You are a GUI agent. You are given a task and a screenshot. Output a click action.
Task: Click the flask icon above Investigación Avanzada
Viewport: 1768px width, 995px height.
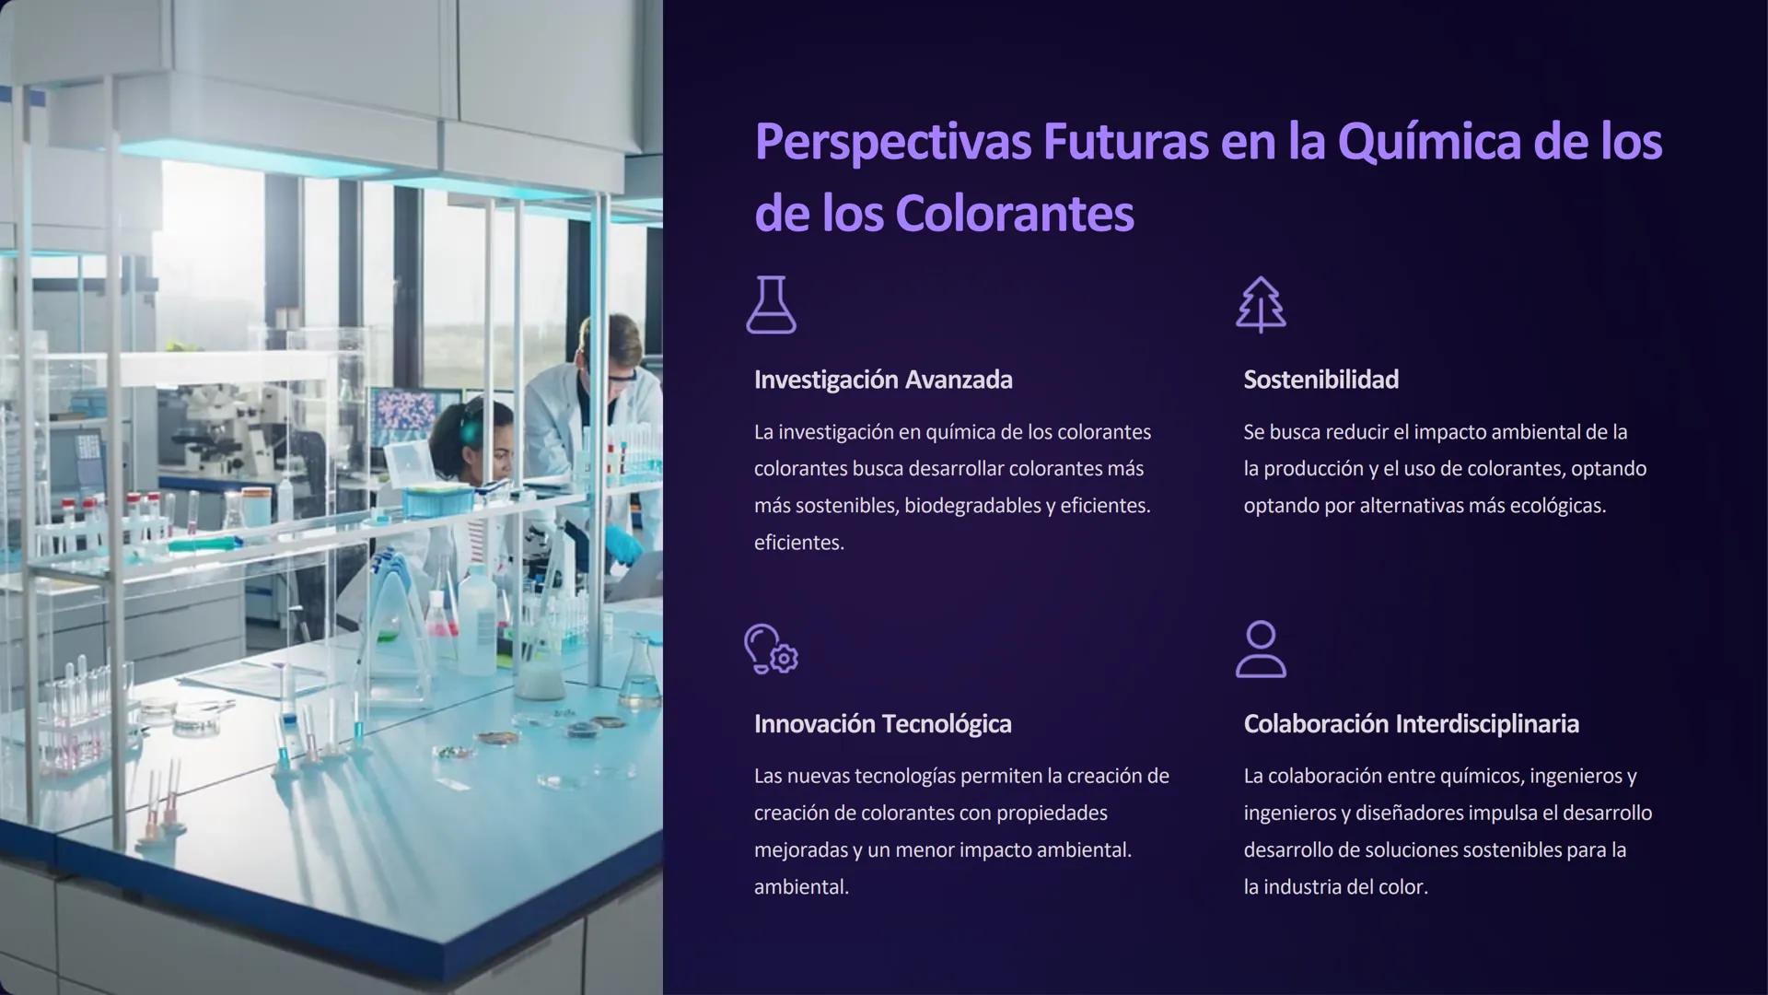coord(771,305)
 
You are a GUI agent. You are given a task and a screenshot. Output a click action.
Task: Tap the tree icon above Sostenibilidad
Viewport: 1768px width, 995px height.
coord(1261,305)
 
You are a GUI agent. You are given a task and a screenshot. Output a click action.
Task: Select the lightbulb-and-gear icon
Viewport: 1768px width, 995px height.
coord(771,650)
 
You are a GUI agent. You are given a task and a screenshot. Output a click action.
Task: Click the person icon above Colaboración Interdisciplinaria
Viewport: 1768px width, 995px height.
coord(1261,650)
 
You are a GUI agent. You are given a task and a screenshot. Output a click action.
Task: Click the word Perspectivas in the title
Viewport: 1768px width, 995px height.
coord(891,143)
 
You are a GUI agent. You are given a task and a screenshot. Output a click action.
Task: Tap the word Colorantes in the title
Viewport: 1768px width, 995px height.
coord(1014,214)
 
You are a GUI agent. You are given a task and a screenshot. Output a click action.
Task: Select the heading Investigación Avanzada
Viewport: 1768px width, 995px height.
coord(883,380)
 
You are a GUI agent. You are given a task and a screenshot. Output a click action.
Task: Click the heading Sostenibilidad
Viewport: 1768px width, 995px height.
coord(1320,380)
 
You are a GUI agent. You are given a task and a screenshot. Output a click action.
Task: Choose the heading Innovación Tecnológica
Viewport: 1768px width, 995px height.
coord(882,724)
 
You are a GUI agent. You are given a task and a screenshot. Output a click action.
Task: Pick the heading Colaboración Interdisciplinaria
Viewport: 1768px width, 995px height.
coord(1411,724)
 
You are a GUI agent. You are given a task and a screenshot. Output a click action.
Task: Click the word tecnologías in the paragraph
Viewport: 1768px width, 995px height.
coord(906,776)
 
